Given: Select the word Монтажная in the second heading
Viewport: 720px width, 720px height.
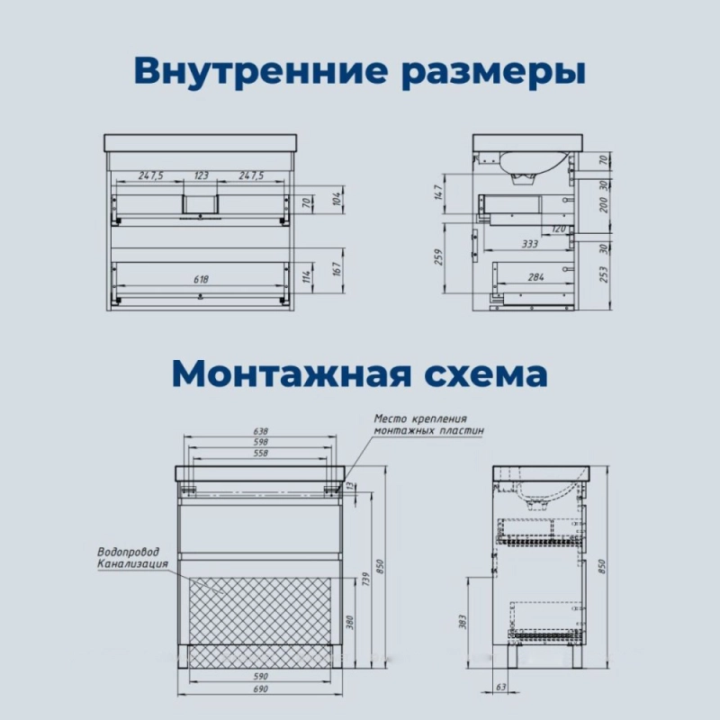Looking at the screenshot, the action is pos(292,374).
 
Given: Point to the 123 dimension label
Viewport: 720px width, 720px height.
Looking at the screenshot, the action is pos(201,175).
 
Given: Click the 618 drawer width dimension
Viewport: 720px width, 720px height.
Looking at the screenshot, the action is pos(201,279).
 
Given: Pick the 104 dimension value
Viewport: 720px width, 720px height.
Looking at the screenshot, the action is pos(337,198).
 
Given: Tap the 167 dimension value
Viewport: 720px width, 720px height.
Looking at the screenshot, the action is pos(337,269).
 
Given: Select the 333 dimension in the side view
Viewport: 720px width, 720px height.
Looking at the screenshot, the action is pos(529,244).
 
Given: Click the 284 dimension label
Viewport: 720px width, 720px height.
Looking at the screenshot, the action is pos(535,277).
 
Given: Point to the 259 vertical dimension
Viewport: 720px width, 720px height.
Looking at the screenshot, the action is pos(438,257).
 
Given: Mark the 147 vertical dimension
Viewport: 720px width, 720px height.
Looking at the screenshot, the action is pos(438,193).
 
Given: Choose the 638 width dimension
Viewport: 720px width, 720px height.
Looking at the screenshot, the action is pos(260,431).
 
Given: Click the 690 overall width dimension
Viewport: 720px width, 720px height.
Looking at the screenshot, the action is pos(260,688).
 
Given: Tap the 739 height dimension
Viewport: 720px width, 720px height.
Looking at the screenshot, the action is pos(365,580).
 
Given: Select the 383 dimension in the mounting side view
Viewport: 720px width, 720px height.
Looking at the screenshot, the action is pos(462,622).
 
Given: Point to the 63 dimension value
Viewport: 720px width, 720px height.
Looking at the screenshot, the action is pos(501,687).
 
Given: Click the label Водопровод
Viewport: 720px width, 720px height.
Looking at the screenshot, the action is pos(128,552).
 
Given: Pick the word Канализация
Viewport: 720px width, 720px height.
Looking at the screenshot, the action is pos(132,563).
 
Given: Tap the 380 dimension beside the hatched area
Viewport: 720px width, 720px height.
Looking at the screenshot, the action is pos(350,623).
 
